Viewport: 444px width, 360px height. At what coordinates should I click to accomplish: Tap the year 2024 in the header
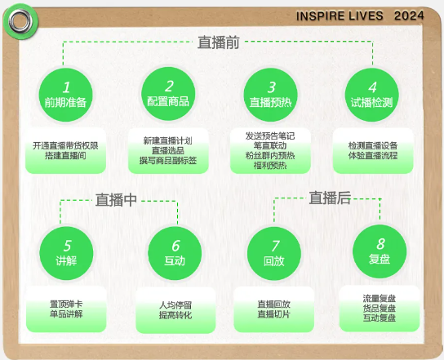(x=409, y=16)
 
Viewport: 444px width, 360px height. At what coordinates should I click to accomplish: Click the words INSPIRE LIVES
(x=340, y=16)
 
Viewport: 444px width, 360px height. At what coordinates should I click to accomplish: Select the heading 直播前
(x=219, y=42)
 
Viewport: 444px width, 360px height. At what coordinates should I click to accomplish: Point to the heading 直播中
(x=116, y=200)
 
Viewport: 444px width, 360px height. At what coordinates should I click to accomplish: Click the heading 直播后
(x=330, y=198)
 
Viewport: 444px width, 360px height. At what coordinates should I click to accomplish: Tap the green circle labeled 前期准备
(x=65, y=95)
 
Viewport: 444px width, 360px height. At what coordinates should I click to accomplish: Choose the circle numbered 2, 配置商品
(x=168, y=94)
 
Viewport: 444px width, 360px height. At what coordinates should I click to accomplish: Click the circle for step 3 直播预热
(x=270, y=95)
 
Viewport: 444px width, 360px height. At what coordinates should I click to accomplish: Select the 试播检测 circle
(x=372, y=95)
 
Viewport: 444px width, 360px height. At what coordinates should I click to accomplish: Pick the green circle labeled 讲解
(x=66, y=253)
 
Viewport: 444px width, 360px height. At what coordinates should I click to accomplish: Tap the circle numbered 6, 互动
(x=175, y=253)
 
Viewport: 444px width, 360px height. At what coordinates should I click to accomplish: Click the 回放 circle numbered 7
(x=274, y=254)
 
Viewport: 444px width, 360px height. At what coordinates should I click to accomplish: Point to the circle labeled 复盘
(x=380, y=251)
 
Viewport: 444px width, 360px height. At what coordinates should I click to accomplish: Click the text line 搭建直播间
(x=65, y=155)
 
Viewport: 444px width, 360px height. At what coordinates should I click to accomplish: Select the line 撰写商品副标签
(x=168, y=161)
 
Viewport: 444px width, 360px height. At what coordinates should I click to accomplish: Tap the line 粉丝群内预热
(x=270, y=155)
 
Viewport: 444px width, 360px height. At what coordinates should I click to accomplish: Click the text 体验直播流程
(x=373, y=155)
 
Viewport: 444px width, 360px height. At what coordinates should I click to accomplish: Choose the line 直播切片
(x=273, y=314)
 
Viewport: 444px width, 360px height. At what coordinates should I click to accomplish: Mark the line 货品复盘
(x=380, y=309)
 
